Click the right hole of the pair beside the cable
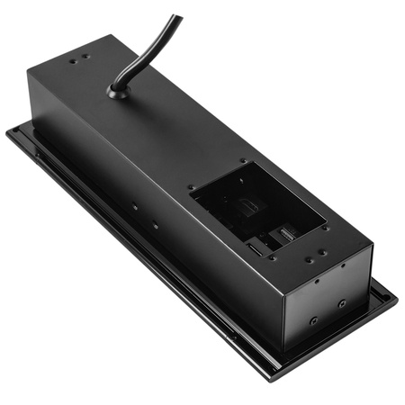pyautogui.click(x=86, y=58)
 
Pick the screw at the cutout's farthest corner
pyautogui.click(x=242, y=162)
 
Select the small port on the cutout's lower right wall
pyautogui.click(x=285, y=235)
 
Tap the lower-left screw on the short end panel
pyautogui.click(x=312, y=319)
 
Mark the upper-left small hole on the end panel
pyautogui.click(x=316, y=280)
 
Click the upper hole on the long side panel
pyautogui.click(x=135, y=206)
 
